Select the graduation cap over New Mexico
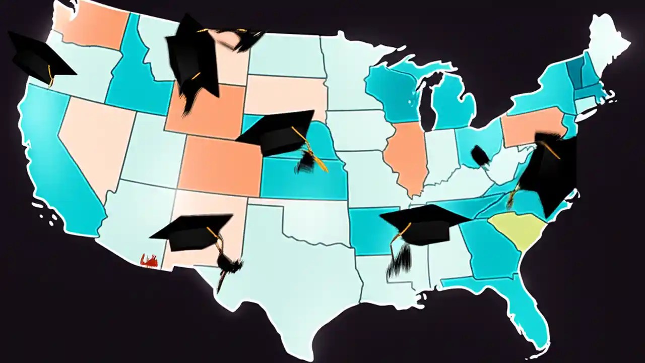(x=194, y=232)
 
